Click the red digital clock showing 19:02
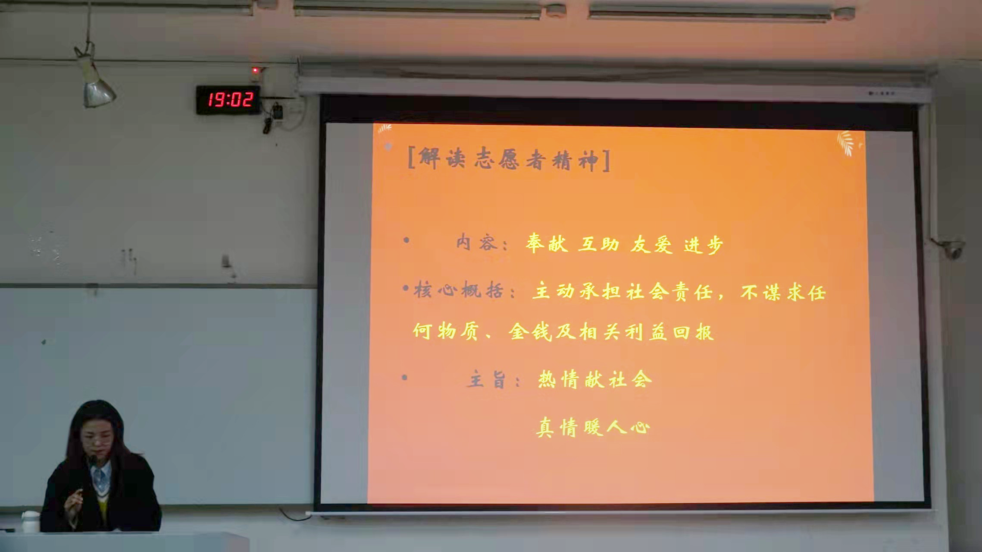point(228,100)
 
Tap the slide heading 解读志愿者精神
point(509,160)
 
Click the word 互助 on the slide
point(598,244)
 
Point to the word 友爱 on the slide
point(651,245)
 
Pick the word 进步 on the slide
point(703,245)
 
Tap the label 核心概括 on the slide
point(459,290)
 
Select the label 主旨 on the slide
point(486,379)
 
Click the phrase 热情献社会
point(595,380)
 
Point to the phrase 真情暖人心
point(593,427)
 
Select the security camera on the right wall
point(951,249)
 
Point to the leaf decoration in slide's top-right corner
point(847,143)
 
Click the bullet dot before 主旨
point(404,378)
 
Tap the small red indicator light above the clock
point(255,70)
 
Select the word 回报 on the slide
point(693,332)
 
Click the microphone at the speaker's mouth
point(92,459)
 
